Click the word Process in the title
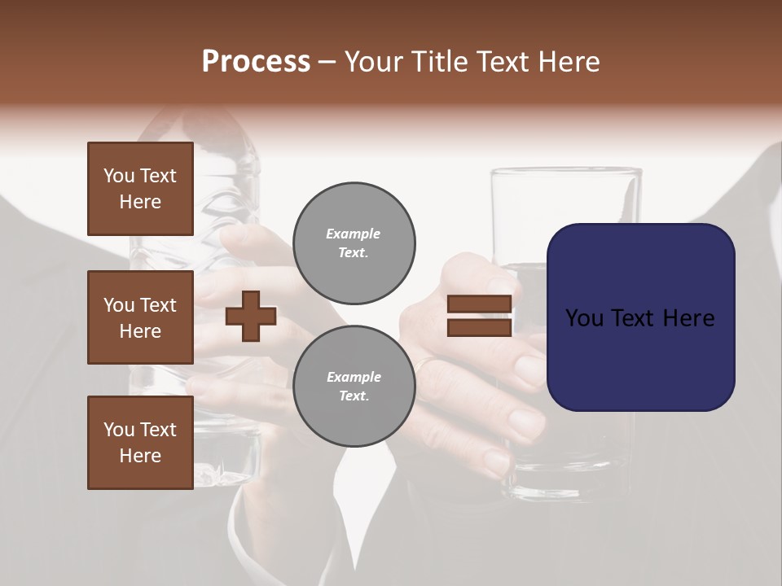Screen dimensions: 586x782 [x=256, y=62]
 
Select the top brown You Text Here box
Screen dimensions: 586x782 [x=140, y=189]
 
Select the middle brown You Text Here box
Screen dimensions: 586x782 [x=140, y=317]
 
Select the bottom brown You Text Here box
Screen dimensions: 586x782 [x=140, y=443]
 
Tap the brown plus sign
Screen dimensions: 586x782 [x=251, y=316]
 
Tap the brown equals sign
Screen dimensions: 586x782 [x=479, y=316]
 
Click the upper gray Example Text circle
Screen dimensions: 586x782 [x=354, y=243]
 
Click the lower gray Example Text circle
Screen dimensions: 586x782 [x=354, y=387]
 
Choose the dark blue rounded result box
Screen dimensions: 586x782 [x=640, y=317]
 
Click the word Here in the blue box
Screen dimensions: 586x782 [x=688, y=318]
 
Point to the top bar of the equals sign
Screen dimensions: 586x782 [x=479, y=304]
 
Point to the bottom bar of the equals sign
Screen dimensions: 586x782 [x=479, y=327]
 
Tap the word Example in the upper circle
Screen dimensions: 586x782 [x=354, y=234]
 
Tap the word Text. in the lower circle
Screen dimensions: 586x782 [x=354, y=396]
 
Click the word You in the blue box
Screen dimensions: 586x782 [x=584, y=318]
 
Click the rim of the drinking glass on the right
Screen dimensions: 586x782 [x=566, y=172]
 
